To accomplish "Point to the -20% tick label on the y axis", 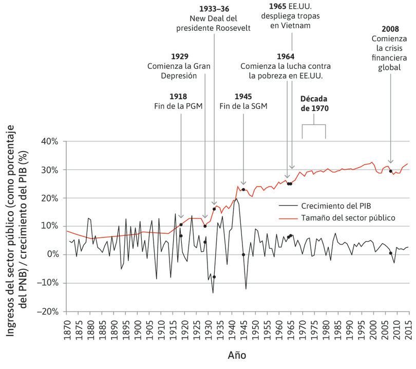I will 51,311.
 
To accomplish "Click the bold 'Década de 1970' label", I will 313,103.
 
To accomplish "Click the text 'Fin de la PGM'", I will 182,106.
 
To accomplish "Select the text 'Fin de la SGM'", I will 243,106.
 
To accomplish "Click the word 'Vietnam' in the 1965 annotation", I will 292,26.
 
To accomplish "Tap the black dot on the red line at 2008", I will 391,171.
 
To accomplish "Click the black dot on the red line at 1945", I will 243,190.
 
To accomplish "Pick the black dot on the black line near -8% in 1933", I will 214,277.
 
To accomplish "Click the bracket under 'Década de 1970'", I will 313,125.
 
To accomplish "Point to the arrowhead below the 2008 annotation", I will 391,161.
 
